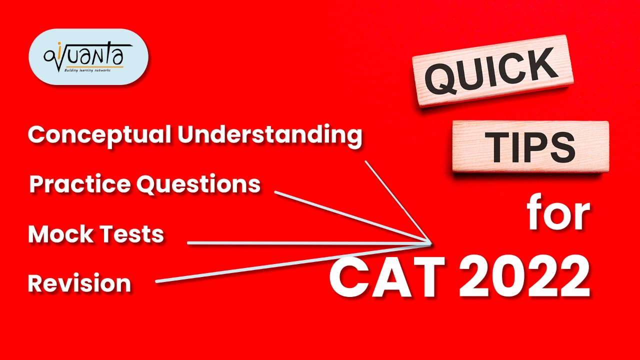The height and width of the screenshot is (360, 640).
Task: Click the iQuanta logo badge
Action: (88, 56)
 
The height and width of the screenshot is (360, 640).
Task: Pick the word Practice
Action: (80, 184)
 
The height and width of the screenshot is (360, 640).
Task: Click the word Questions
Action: (199, 184)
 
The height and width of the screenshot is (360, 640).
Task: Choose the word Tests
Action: (134, 234)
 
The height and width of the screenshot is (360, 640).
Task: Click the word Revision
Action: (79, 283)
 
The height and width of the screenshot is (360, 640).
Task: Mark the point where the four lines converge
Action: (430, 243)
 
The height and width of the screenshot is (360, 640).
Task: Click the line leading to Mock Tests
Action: (300, 243)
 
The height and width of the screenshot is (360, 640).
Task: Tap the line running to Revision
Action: (290, 263)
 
